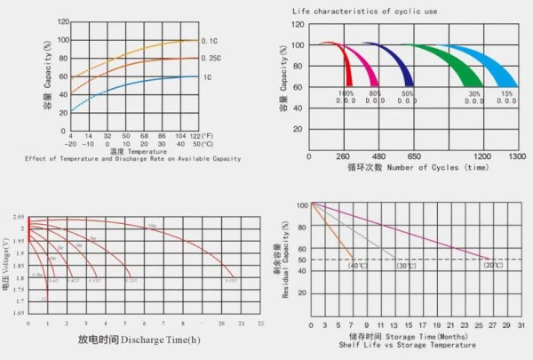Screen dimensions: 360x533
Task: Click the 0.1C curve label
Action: pyautogui.click(x=210, y=41)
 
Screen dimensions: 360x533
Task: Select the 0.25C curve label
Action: pyautogui.click(x=212, y=60)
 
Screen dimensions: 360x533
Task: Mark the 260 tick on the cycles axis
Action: pyautogui.click(x=342, y=156)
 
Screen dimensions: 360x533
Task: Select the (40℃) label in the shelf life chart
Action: pyautogui.click(x=358, y=265)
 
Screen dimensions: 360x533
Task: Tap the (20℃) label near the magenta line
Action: pyautogui.click(x=493, y=265)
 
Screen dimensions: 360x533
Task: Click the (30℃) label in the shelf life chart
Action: pyautogui.click(x=407, y=265)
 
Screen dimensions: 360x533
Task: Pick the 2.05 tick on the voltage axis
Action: pyautogui.click(x=18, y=217)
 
